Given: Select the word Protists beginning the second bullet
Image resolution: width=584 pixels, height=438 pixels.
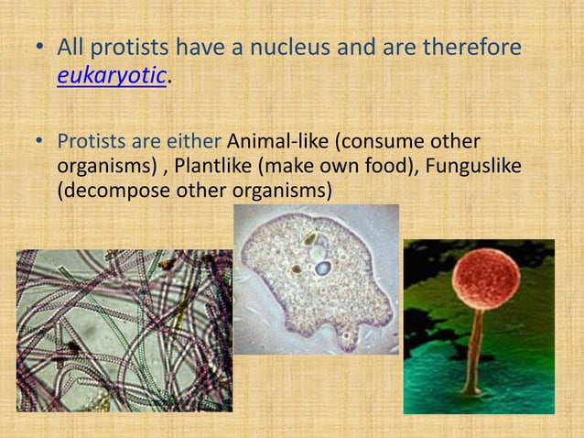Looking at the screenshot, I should (89, 143).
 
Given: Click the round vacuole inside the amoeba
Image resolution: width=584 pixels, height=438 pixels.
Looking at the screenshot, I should (323, 268).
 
